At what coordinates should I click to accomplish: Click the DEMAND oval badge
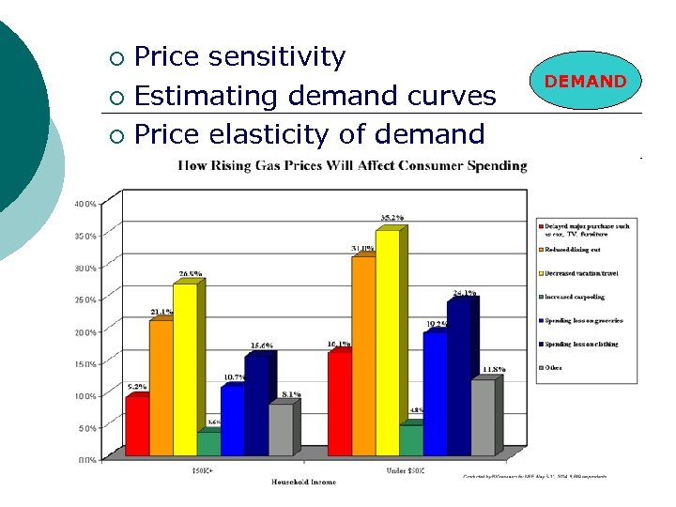click(x=585, y=82)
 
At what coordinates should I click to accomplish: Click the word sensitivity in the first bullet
click(x=277, y=57)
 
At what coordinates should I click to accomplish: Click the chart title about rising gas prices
click(x=353, y=166)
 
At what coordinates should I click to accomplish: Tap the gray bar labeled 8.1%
click(x=280, y=429)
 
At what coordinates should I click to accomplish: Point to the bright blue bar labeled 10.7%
click(x=232, y=419)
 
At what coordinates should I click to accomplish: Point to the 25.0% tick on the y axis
click(x=86, y=300)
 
